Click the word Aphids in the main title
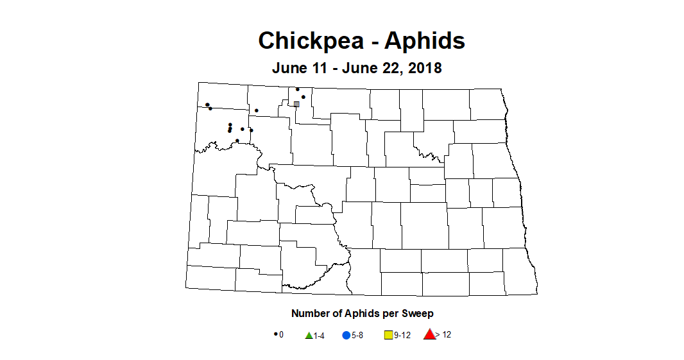pos(425,41)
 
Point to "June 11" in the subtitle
pos(299,67)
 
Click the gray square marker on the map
pos(296,104)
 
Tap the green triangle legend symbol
pos(309,335)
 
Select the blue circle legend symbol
pos(346,335)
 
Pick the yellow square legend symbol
pos(388,335)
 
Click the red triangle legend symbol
pos(429,334)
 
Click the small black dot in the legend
pos(275,334)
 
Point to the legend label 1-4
pos(319,336)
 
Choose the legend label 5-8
pos(357,336)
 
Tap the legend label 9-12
pos(402,336)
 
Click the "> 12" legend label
pos(443,335)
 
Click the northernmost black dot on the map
pos(297,89)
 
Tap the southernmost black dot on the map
pos(237,141)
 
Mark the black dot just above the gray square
pos(303,97)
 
